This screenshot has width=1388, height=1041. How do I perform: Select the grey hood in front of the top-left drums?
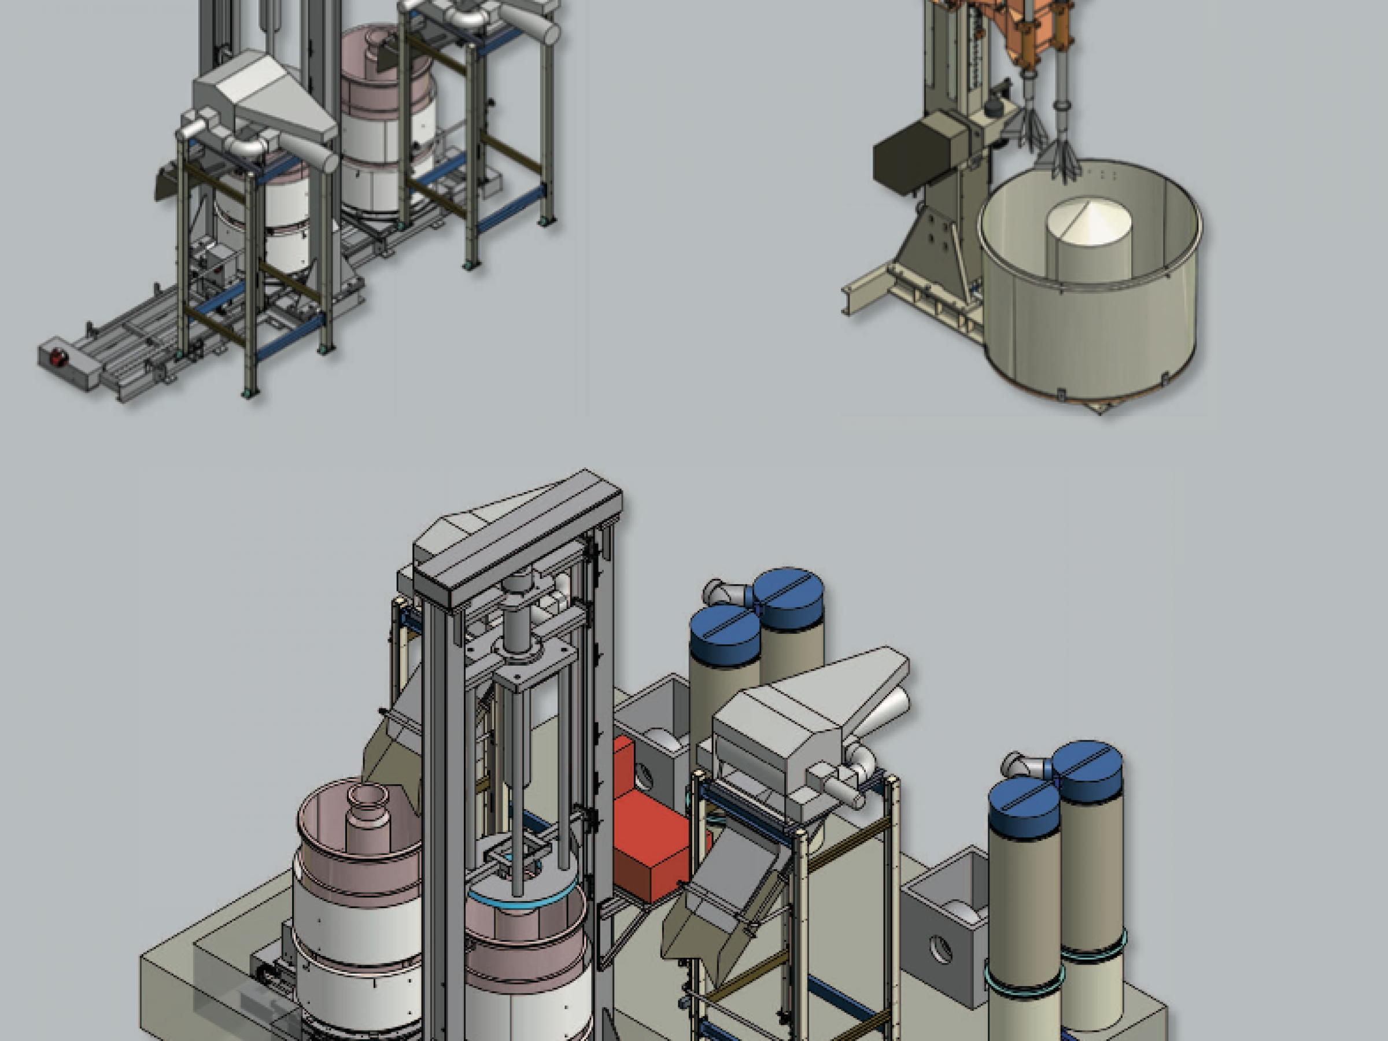tap(264, 101)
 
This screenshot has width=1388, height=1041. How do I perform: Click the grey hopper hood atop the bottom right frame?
tap(810, 722)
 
